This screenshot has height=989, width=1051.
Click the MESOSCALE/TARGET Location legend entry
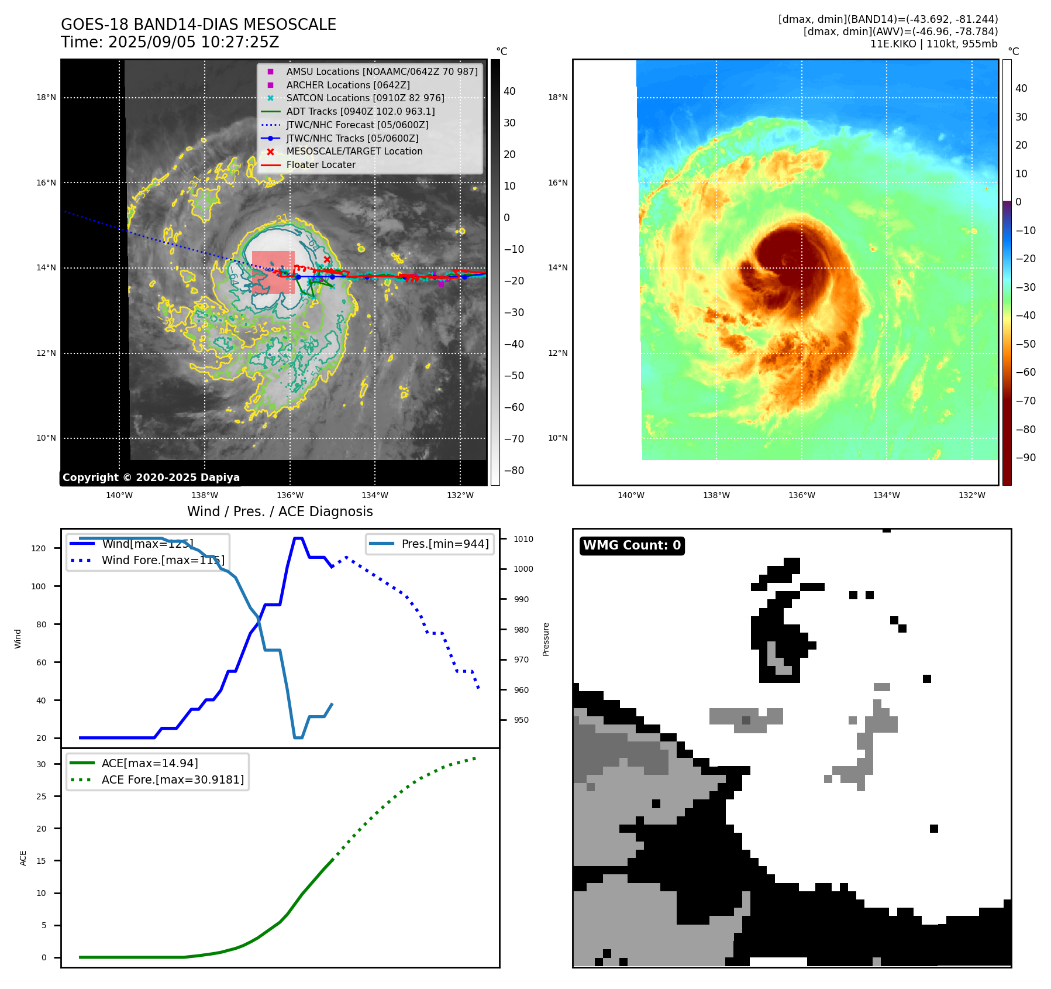click(x=354, y=152)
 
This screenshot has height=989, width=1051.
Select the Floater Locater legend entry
click(x=321, y=165)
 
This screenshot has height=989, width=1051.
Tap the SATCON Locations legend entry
click(x=365, y=98)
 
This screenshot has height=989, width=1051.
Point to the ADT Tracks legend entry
click(x=360, y=112)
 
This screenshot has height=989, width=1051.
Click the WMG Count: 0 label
click(x=632, y=545)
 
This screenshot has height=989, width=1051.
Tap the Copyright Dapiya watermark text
click(x=151, y=478)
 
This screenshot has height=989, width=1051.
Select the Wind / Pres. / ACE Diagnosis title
click(x=280, y=511)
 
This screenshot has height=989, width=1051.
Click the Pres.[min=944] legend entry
click(x=444, y=544)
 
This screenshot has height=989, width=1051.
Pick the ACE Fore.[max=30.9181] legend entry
click(x=173, y=779)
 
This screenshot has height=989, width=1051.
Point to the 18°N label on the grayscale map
click(x=46, y=98)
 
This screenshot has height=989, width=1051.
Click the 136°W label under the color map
click(x=801, y=496)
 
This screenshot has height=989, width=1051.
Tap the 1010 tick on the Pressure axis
click(x=523, y=539)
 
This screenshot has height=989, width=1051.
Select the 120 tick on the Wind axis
click(x=39, y=548)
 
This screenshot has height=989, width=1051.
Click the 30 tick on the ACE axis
click(x=41, y=764)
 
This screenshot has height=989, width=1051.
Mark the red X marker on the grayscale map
click(x=327, y=259)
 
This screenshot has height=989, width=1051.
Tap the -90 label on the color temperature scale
click(x=1025, y=458)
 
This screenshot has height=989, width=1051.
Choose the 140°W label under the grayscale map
click(x=119, y=496)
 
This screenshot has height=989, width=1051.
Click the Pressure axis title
click(x=546, y=639)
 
